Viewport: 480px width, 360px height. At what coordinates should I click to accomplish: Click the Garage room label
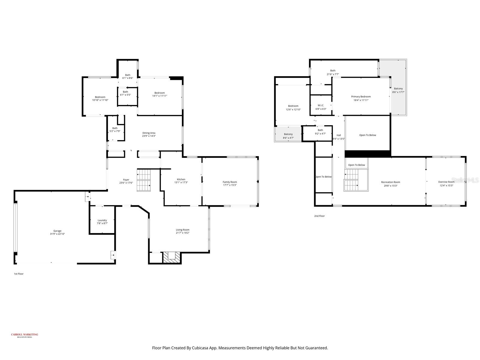[57, 231]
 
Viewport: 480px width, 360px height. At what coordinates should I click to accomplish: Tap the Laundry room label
[102, 220]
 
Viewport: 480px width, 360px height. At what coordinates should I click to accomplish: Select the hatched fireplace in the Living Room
[172, 257]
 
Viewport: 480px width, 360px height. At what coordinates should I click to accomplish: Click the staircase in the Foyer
[144, 180]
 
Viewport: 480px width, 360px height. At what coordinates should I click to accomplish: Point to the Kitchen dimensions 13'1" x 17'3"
[181, 183]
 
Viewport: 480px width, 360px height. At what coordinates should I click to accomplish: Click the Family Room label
[230, 182]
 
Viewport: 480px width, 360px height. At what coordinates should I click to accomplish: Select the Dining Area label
[149, 133]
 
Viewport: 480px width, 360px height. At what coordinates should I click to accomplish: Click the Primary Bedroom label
[361, 97]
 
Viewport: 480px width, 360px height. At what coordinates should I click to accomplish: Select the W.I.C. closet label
[321, 105]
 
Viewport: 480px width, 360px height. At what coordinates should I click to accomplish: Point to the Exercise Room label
[446, 182]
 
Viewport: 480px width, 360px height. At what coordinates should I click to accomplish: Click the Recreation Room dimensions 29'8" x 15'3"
[391, 186]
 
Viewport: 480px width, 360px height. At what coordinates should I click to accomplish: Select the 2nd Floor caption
[319, 216]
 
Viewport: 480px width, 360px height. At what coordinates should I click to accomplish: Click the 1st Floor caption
[19, 274]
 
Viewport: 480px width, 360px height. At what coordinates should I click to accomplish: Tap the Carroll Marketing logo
[25, 335]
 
